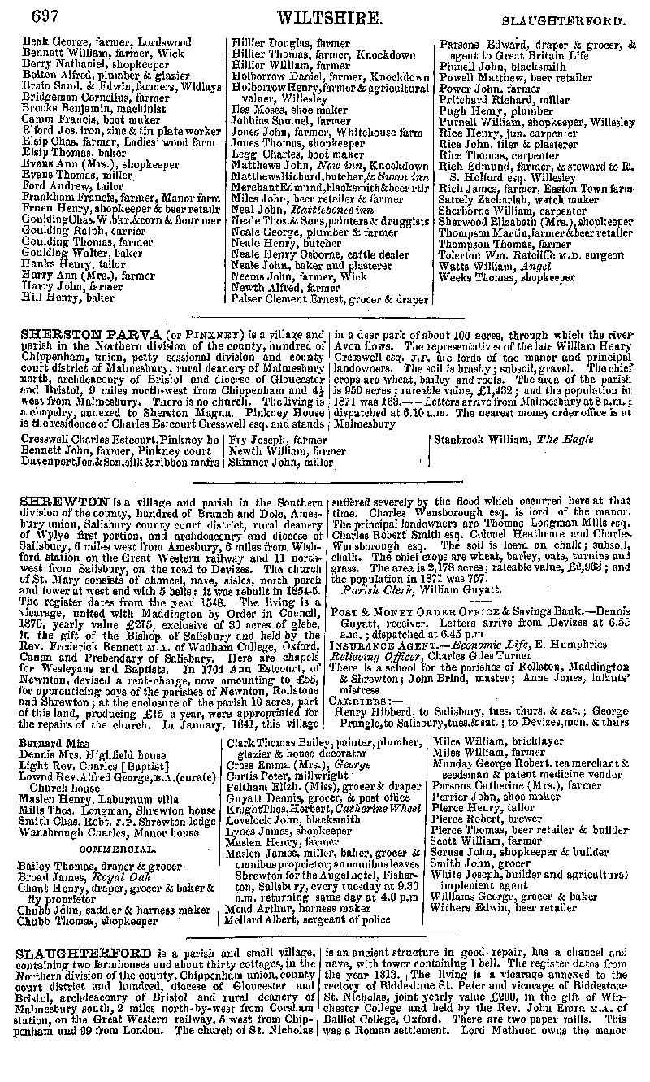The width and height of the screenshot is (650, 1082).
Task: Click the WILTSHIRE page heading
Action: [x=329, y=19]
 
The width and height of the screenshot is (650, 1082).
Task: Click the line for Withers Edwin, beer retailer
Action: [x=504, y=908]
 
